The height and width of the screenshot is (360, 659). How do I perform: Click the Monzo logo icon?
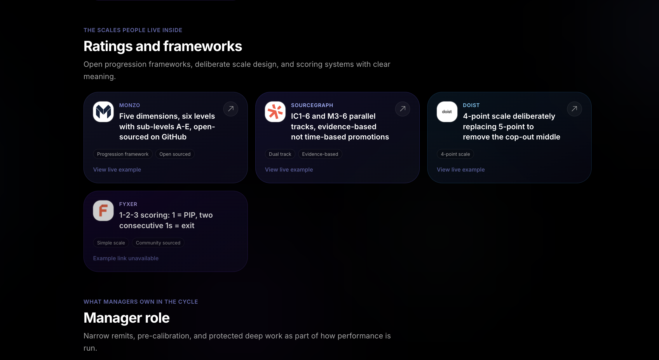click(x=103, y=112)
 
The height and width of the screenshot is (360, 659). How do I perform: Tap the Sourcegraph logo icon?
click(x=275, y=112)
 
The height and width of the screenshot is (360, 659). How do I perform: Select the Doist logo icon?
click(x=447, y=112)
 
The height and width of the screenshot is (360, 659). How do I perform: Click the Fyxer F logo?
click(x=103, y=211)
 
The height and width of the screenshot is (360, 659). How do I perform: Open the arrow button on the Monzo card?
click(x=231, y=109)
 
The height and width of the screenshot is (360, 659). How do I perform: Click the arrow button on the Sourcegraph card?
click(x=402, y=109)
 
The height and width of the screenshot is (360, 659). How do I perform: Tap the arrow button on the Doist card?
click(x=574, y=109)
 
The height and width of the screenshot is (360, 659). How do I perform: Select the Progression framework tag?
click(x=123, y=154)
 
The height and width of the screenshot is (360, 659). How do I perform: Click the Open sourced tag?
click(x=175, y=154)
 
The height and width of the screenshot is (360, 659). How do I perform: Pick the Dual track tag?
click(x=280, y=154)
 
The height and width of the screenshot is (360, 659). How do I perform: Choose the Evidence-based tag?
click(x=320, y=154)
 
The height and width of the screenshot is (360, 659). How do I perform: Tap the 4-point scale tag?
click(x=455, y=154)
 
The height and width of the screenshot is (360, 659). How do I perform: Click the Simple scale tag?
click(x=111, y=243)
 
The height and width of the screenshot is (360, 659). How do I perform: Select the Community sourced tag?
click(x=158, y=243)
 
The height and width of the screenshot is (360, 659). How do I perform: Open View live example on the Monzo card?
click(x=117, y=169)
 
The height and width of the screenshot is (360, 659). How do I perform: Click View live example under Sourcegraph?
click(x=289, y=169)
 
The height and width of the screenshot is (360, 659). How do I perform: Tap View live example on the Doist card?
click(x=461, y=169)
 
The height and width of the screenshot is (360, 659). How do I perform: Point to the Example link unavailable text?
click(x=126, y=258)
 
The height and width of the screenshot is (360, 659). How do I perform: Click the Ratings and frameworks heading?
click(x=163, y=46)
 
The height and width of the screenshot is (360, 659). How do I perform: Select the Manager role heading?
click(x=127, y=318)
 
